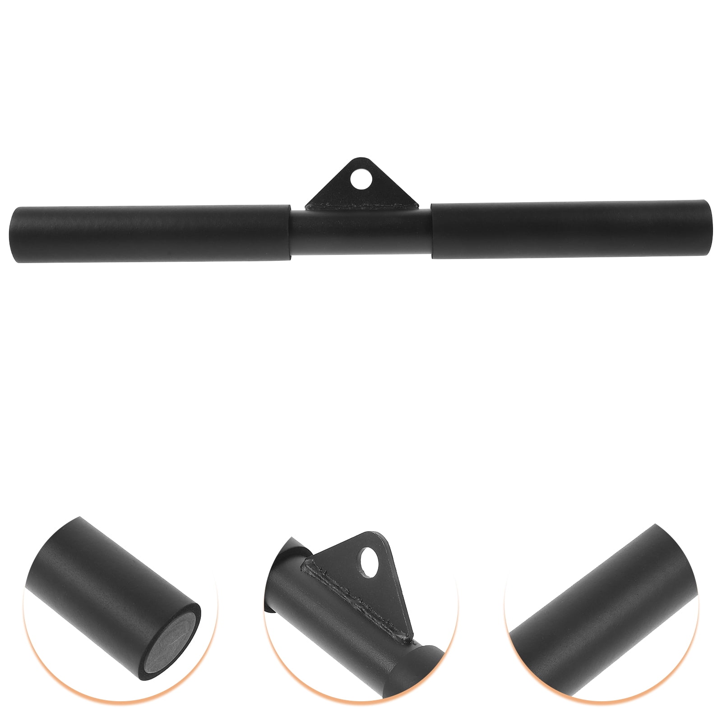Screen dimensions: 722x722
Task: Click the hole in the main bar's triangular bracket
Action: [362, 181]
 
